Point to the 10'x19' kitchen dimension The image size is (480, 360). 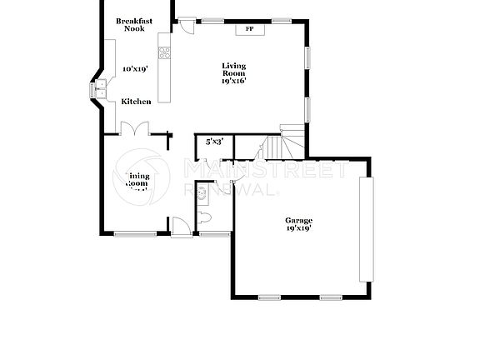[134, 69]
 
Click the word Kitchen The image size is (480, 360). [136, 102]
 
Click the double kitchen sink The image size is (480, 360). [100, 88]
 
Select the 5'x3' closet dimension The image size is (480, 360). [213, 142]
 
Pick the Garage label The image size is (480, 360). [298, 220]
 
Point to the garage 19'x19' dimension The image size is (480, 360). [298, 227]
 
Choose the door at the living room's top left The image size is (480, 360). [188, 26]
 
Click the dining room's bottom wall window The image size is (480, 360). [135, 234]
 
